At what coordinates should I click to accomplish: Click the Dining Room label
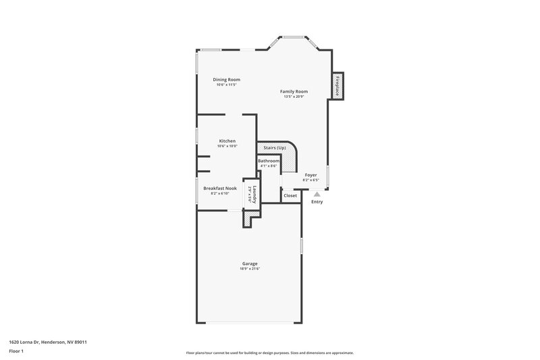227,80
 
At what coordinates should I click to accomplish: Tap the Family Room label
294,91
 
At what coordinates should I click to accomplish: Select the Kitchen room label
227,140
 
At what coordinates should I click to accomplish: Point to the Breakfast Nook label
220,188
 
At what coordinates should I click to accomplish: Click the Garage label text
250,263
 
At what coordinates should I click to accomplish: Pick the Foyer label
310,175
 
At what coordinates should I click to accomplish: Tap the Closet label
290,195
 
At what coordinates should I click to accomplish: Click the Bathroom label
269,161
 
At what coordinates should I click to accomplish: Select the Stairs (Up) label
275,147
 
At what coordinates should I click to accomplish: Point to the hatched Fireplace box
337,86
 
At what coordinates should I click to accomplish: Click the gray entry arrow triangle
317,194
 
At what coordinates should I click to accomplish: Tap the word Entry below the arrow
317,202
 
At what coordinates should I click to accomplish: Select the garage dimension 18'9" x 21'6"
250,269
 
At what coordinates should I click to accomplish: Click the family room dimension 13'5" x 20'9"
294,97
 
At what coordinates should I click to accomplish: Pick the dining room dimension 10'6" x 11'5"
227,85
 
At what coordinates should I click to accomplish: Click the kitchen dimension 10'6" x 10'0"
227,146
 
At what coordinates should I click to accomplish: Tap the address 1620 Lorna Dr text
48,342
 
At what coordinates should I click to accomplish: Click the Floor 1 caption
16,351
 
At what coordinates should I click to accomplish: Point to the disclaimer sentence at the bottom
270,353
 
